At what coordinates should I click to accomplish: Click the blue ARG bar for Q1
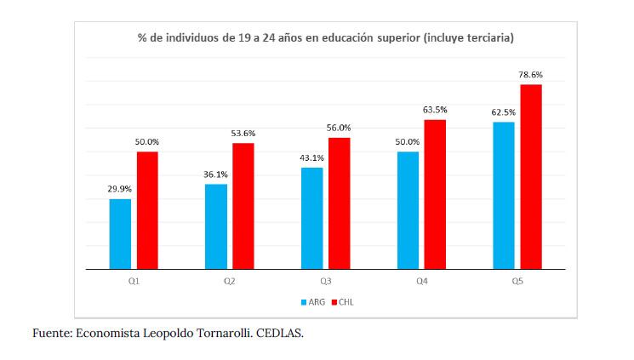(120, 234)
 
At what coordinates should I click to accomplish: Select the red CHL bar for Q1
(147, 210)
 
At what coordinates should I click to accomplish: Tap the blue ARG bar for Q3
(311, 218)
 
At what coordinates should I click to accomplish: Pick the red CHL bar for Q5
(531, 176)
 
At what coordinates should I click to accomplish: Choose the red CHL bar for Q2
(243, 206)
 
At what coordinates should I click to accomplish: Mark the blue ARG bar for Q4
(408, 210)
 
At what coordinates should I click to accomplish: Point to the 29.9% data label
(119, 189)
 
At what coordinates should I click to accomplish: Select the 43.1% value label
(311, 157)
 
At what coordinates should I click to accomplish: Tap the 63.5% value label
(435, 110)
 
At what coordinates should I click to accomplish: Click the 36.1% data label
(215, 174)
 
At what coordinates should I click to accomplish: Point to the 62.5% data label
(504, 112)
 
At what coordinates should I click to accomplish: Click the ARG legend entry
(315, 301)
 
